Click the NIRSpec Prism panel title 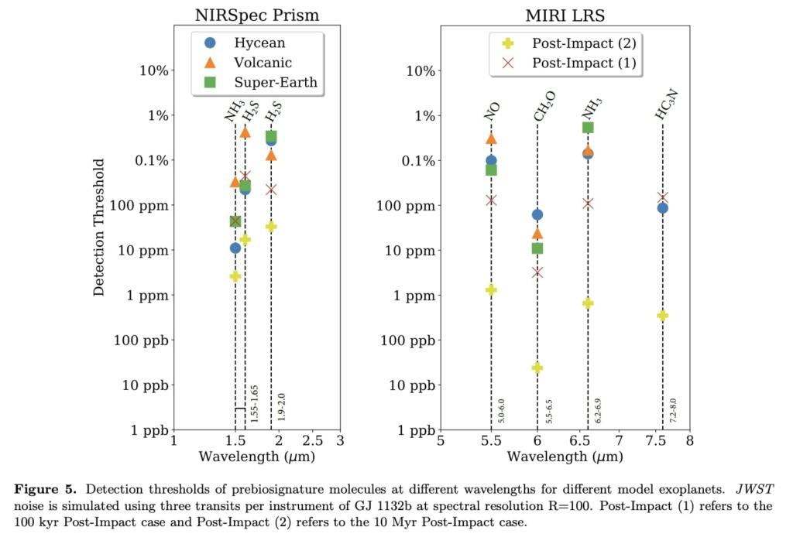pyautogui.click(x=256, y=15)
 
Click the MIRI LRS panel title pyautogui.click(x=565, y=15)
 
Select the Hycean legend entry pyautogui.click(x=259, y=43)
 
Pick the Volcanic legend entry pyautogui.click(x=263, y=63)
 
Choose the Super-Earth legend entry pyautogui.click(x=276, y=82)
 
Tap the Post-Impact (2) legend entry pyautogui.click(x=583, y=43)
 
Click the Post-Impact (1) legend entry pyautogui.click(x=583, y=63)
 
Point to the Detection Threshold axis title pyautogui.click(x=99, y=228)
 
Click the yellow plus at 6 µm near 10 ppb pyautogui.click(x=537, y=368)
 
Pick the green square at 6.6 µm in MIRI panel pyautogui.click(x=588, y=128)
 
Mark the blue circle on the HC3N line pyautogui.click(x=662, y=208)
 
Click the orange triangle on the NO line pyautogui.click(x=491, y=139)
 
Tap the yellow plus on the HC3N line pyautogui.click(x=662, y=316)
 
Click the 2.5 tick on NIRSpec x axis pyautogui.click(x=311, y=441)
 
